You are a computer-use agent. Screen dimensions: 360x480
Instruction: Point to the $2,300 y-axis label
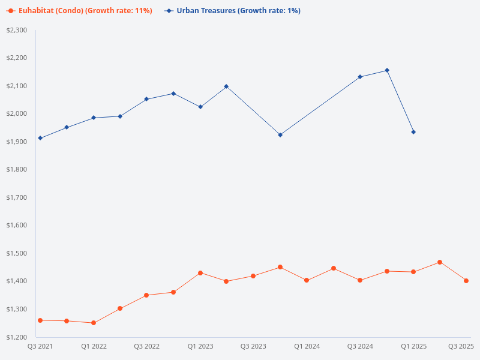click(17, 30)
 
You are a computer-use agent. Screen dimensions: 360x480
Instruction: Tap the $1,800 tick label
click(17, 169)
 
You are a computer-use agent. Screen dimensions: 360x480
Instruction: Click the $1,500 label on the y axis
click(17, 253)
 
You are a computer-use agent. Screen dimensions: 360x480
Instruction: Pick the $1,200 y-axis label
click(17, 337)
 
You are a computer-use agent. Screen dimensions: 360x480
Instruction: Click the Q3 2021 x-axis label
click(40, 346)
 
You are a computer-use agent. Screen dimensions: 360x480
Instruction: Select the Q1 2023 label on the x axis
click(200, 346)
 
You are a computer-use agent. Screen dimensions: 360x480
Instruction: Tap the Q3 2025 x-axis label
click(461, 346)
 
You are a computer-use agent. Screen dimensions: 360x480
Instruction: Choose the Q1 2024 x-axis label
click(307, 346)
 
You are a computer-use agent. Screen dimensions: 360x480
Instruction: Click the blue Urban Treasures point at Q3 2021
click(40, 138)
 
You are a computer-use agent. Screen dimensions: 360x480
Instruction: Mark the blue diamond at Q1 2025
click(413, 132)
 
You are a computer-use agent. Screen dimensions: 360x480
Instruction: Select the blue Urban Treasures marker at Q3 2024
click(360, 77)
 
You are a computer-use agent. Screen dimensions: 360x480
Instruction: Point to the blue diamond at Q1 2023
click(200, 107)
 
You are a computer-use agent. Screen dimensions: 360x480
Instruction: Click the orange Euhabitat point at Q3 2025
click(466, 281)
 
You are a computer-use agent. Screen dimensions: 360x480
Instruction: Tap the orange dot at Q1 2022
click(94, 323)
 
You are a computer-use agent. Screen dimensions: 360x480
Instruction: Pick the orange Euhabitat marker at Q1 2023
click(200, 273)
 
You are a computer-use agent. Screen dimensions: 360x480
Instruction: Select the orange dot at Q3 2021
click(40, 320)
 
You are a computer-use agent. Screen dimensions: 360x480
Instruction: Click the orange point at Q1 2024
click(307, 280)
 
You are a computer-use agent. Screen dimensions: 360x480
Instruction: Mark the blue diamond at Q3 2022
click(146, 99)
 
